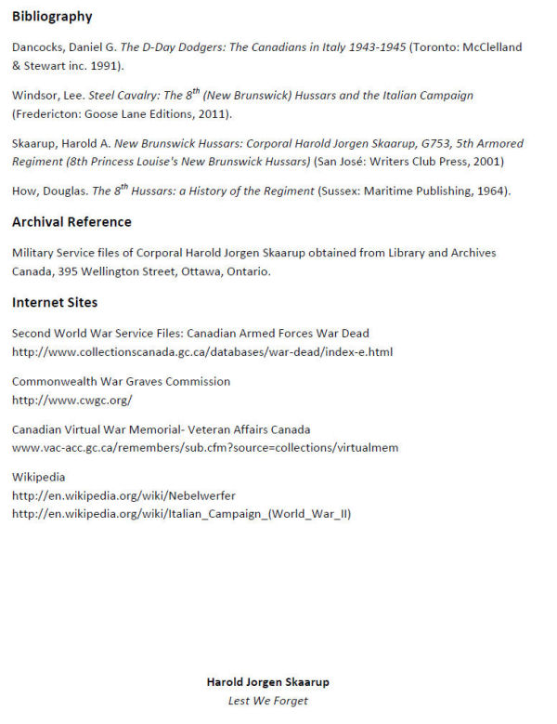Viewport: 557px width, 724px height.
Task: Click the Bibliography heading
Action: click(x=52, y=17)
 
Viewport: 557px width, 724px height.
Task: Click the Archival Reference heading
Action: click(x=71, y=222)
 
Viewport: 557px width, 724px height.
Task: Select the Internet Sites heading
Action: click(x=55, y=302)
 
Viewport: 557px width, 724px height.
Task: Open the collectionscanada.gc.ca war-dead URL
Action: click(x=202, y=352)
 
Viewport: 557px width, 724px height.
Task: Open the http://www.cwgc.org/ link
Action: click(x=72, y=400)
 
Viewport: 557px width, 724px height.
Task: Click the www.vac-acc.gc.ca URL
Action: click(x=205, y=447)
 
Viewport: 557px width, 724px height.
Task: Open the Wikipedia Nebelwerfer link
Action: click(x=123, y=495)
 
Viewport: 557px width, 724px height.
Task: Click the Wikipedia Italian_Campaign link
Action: click(x=181, y=513)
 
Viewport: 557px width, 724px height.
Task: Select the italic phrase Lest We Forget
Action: click(x=268, y=701)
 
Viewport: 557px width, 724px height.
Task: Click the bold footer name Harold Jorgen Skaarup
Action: click(x=268, y=682)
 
